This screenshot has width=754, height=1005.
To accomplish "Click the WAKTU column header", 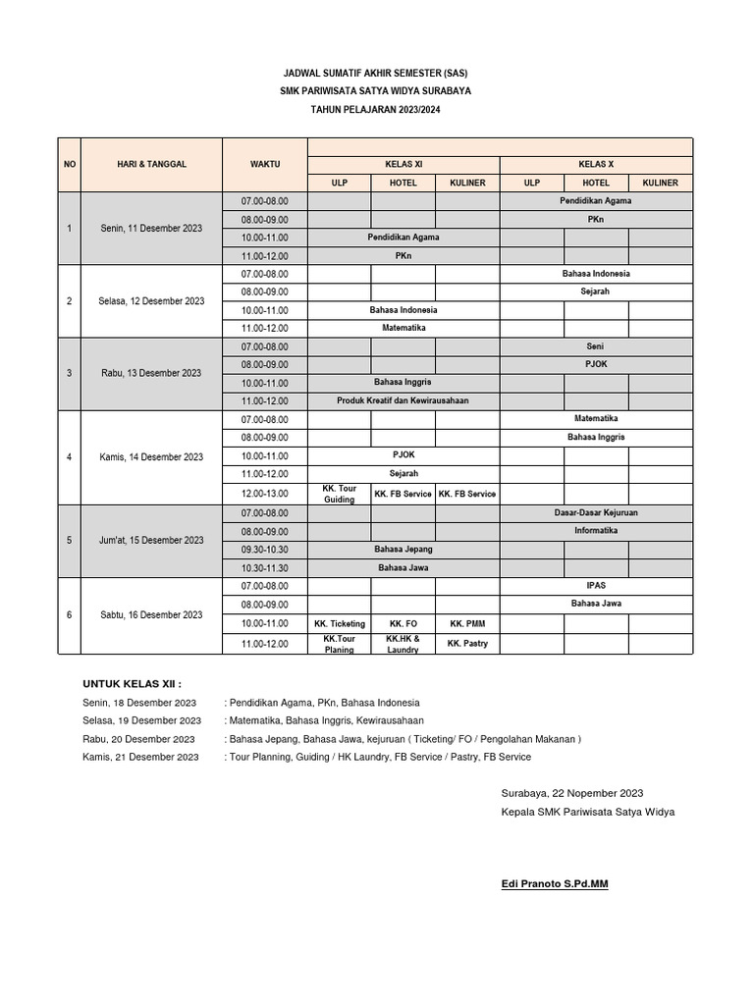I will click(265, 165).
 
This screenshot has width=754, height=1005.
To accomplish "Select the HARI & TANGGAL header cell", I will click(151, 165).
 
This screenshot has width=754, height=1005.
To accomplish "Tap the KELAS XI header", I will click(404, 165).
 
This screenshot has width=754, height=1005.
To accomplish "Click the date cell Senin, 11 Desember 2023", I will click(151, 228).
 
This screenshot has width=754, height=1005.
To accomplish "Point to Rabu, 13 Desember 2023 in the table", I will click(151, 373).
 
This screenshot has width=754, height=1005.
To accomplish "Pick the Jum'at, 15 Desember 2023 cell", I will click(151, 540).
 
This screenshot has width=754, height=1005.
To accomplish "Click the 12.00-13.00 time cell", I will click(265, 494).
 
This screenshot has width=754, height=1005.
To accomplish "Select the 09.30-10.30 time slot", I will click(265, 549).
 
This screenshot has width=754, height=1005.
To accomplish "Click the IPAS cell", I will click(596, 585).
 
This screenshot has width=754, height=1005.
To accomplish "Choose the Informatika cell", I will click(596, 531).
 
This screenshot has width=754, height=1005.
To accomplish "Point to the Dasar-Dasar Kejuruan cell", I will click(596, 512).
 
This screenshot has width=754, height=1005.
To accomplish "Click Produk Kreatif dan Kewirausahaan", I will click(404, 401).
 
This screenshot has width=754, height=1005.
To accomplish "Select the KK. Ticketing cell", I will click(340, 623).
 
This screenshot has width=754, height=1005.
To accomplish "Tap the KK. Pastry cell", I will click(467, 644).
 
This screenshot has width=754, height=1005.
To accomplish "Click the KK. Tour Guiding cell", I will click(340, 494).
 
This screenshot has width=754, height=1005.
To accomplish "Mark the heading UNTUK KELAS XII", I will click(133, 684).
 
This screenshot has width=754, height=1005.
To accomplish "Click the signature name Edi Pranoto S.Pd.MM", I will click(555, 884).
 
